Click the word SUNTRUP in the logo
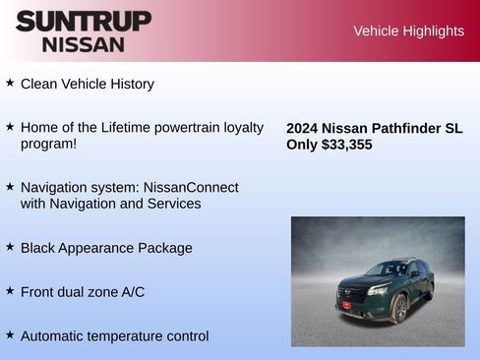(x=83, y=21)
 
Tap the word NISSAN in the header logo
(x=83, y=44)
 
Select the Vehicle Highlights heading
(x=408, y=31)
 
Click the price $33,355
(x=346, y=145)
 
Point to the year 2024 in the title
(x=302, y=128)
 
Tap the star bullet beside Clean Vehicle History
(x=10, y=84)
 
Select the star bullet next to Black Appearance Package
(x=10, y=247)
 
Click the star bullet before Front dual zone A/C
(x=10, y=291)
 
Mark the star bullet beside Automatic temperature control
(x=10, y=335)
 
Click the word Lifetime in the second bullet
(x=161, y=128)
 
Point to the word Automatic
(x=54, y=336)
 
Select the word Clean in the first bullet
(x=39, y=85)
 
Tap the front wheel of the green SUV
(x=399, y=307)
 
